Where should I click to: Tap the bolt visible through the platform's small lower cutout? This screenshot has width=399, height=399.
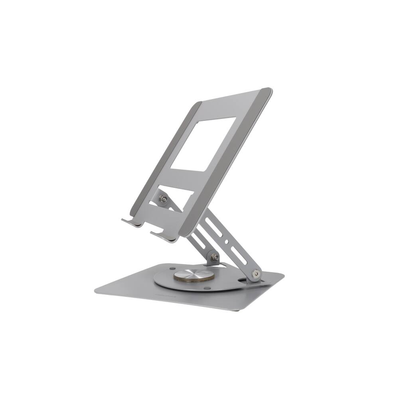(x=163, y=199)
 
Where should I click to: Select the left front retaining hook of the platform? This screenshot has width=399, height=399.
(x=132, y=221)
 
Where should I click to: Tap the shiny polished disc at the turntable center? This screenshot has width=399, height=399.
(x=188, y=275)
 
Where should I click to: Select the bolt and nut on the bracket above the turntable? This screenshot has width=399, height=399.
(x=215, y=258)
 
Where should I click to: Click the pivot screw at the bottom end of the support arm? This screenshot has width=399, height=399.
(x=256, y=274)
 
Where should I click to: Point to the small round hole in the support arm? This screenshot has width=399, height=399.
(x=226, y=241)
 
